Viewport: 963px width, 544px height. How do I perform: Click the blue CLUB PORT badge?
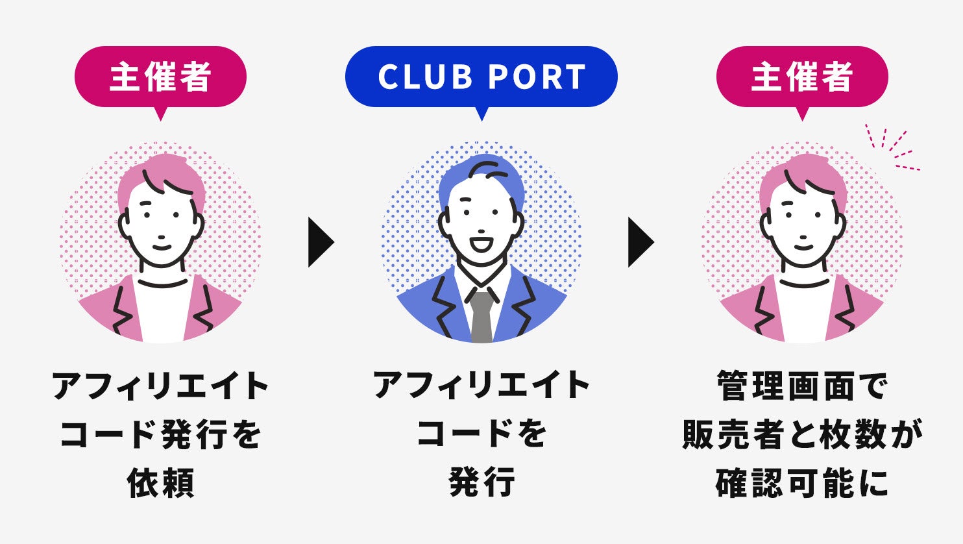coord(481,77)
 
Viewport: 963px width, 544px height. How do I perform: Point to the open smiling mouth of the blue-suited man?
coord(481,245)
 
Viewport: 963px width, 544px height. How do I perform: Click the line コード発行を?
coord(161,435)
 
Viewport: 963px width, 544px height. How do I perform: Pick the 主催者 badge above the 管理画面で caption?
coord(801,77)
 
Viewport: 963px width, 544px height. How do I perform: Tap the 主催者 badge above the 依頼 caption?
coord(160,77)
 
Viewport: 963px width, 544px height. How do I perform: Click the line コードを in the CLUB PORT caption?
coord(481,435)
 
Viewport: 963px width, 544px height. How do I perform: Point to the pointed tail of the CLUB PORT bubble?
coord(481,114)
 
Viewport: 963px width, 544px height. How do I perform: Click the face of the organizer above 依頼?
coord(161,227)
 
